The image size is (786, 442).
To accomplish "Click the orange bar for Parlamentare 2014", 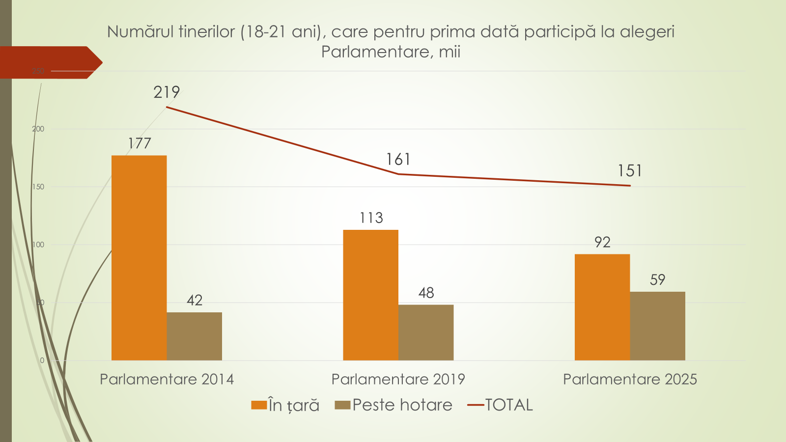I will coord(139,258).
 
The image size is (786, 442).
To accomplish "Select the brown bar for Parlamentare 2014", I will coord(194,336).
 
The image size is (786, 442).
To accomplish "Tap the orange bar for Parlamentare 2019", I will coord(370,295).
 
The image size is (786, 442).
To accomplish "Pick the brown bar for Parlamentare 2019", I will coord(426,332).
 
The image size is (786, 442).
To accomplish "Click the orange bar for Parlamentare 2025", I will coord(602,307).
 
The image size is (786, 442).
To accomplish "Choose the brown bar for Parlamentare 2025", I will coord(657,326).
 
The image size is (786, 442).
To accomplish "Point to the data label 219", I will coord(167,92).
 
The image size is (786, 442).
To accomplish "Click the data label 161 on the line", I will coord(398,160).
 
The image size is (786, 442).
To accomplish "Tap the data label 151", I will coord(630,171).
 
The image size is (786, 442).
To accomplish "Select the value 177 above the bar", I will coord(140,143).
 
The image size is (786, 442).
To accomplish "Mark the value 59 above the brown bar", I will coord(657,280).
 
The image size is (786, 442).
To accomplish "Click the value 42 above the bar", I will coord(195,301).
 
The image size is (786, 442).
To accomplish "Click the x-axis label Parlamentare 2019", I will coord(398,379).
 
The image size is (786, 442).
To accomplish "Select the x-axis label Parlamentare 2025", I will coord(630,379).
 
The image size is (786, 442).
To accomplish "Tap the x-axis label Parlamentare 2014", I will coord(167,379).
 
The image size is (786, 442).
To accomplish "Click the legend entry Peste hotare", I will coord(402,405).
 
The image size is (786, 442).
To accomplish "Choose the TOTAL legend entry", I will coord(508,405).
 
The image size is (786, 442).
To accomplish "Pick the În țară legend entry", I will coord(293,406).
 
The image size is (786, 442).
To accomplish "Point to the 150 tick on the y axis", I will coord(38,187).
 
